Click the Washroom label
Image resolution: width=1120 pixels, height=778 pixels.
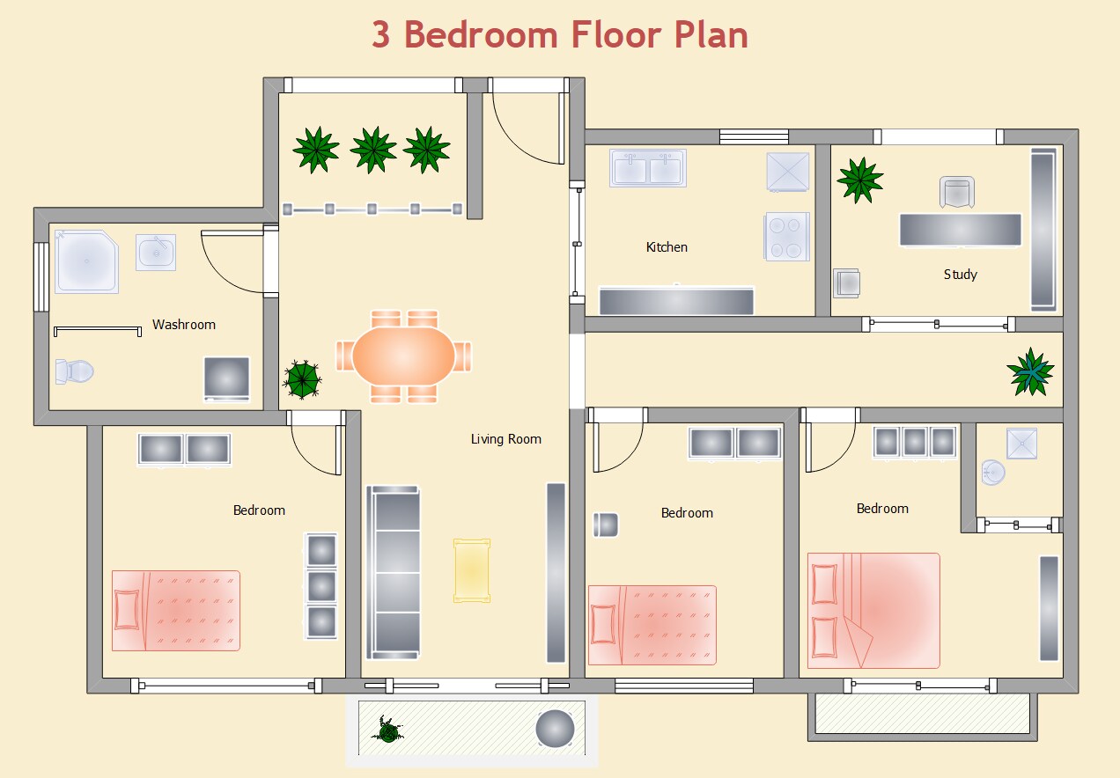click(183, 325)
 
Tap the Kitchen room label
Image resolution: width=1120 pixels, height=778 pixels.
click(667, 247)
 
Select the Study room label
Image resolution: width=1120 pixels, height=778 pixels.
click(960, 275)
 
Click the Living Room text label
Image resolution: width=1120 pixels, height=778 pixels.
click(505, 439)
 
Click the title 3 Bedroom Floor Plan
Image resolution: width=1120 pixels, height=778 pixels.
click(559, 35)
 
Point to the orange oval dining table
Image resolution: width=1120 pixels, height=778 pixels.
click(404, 356)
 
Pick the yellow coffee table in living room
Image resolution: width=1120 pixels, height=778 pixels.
click(471, 570)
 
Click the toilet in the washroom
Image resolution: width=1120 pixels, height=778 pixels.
click(74, 371)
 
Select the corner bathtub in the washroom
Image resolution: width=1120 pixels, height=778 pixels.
click(86, 261)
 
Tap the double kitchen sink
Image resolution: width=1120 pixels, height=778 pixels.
click(648, 167)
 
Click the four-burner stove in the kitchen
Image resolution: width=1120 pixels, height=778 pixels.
click(786, 237)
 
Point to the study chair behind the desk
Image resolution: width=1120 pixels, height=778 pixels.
click(958, 193)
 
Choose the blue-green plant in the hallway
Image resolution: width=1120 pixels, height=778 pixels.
click(1030, 371)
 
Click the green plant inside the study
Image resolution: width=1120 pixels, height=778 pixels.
click(859, 180)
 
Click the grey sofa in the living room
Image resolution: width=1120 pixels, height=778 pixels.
click(394, 571)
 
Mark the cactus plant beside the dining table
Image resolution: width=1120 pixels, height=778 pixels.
click(302, 379)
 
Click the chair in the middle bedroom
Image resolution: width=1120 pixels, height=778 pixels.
click(606, 525)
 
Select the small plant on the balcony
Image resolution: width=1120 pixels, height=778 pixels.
click(387, 729)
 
